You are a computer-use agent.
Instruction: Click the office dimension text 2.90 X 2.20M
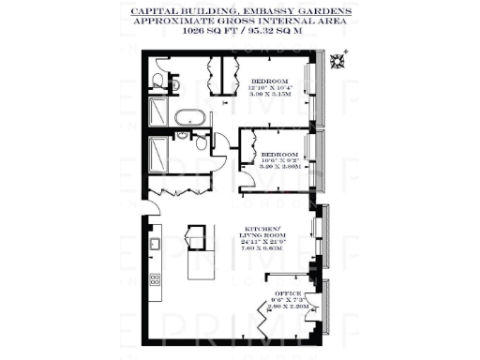pos(288,307)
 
